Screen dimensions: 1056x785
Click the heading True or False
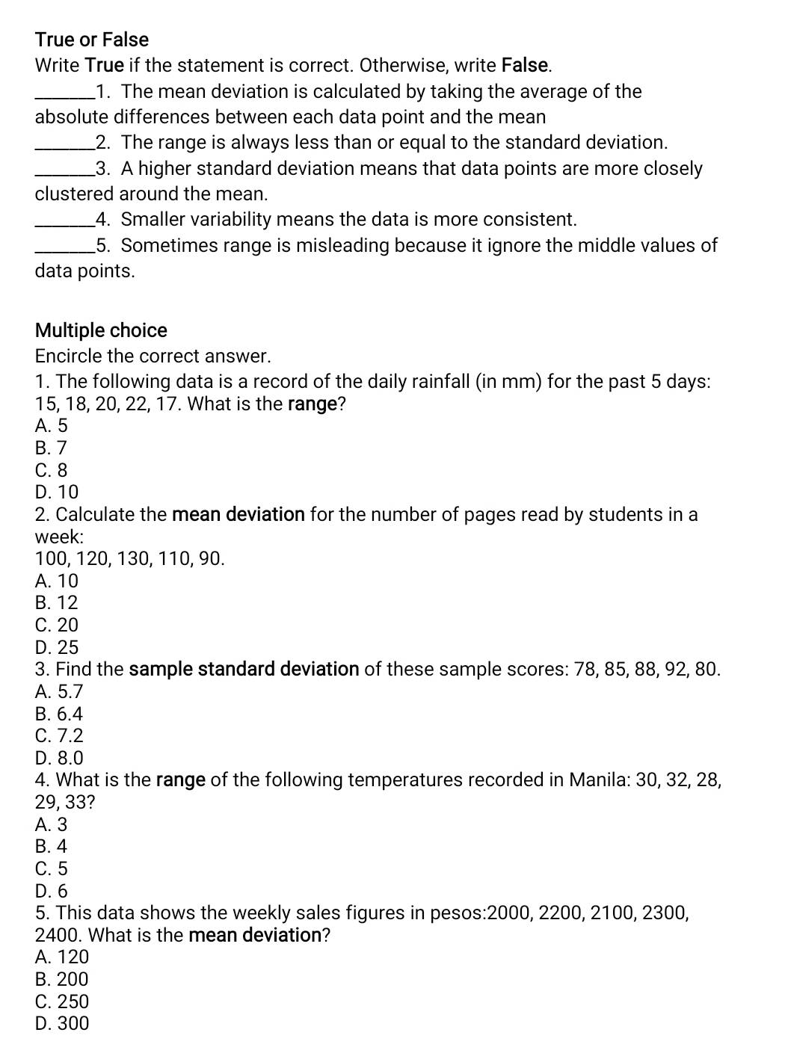click(92, 40)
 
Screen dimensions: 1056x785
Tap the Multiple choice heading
click(101, 330)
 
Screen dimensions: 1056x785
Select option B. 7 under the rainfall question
click(51, 448)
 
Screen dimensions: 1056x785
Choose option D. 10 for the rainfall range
click(57, 492)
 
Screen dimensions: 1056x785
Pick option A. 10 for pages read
click(57, 581)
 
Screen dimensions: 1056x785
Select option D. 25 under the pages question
click(57, 647)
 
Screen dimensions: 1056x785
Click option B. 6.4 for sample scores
click(59, 714)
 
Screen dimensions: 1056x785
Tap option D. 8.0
click(59, 758)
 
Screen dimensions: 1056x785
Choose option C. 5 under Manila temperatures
click(51, 868)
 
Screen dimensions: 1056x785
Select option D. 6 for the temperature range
click(51, 891)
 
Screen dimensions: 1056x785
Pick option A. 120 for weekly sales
click(62, 957)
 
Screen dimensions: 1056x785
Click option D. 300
click(62, 1023)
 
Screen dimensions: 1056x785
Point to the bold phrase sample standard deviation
click(244, 669)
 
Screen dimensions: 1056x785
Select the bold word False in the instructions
click(526, 65)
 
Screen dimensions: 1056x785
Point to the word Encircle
click(68, 356)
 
